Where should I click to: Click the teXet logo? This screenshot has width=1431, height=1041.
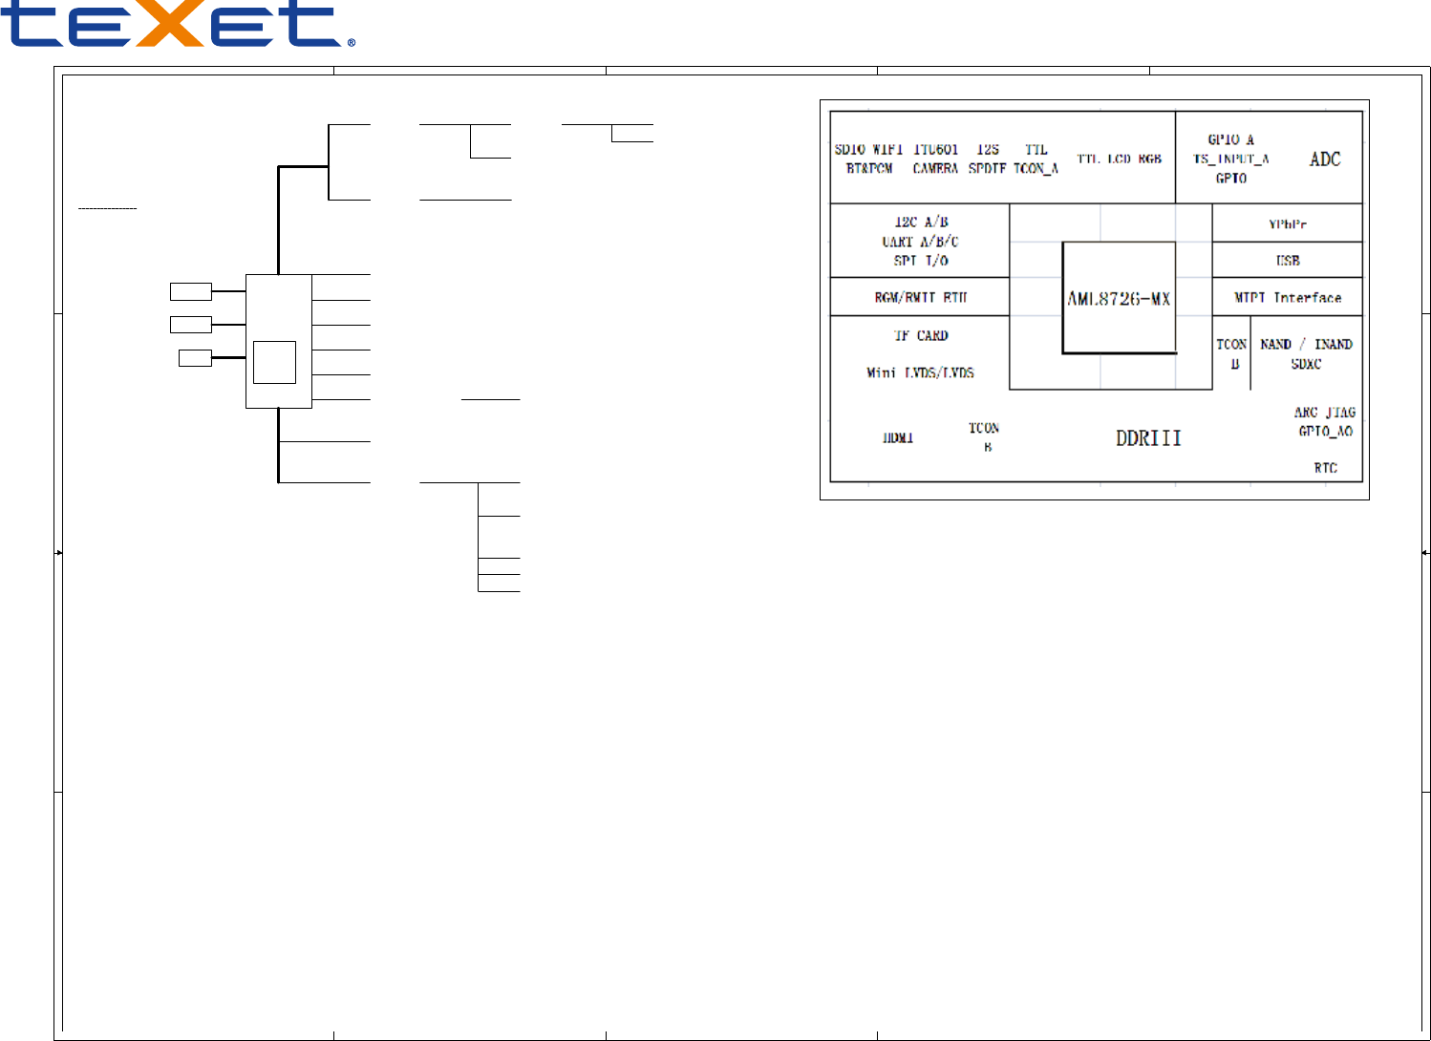click(x=178, y=25)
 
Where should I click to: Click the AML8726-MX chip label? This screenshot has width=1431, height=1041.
click(x=1119, y=299)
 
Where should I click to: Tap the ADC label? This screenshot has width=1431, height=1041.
click(x=1325, y=159)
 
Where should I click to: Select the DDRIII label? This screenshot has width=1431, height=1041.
click(x=1148, y=438)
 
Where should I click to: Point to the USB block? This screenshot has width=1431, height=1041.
click(x=1287, y=260)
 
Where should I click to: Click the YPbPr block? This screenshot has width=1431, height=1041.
click(x=1287, y=224)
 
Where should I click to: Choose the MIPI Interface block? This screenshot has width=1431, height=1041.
click(x=1287, y=298)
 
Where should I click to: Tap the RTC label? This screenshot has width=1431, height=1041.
click(x=1325, y=468)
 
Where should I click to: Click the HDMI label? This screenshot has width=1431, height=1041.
click(x=898, y=438)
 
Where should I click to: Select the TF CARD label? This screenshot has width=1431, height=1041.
click(x=921, y=336)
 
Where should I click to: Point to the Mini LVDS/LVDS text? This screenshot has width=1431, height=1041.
click(x=920, y=372)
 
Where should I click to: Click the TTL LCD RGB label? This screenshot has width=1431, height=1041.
click(x=1119, y=159)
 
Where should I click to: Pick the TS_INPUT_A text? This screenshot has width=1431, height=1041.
click(x=1230, y=159)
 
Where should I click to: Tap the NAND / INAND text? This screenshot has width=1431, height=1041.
click(x=1306, y=344)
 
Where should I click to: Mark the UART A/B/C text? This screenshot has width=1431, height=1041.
click(x=920, y=242)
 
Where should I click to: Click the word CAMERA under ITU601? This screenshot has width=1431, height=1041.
click(x=935, y=169)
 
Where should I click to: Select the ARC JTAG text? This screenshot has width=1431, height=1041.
click(x=1324, y=413)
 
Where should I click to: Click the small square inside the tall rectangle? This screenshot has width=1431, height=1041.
click(x=274, y=362)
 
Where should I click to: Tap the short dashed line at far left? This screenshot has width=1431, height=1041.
click(x=107, y=208)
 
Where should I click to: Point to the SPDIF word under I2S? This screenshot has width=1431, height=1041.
click(x=988, y=169)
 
